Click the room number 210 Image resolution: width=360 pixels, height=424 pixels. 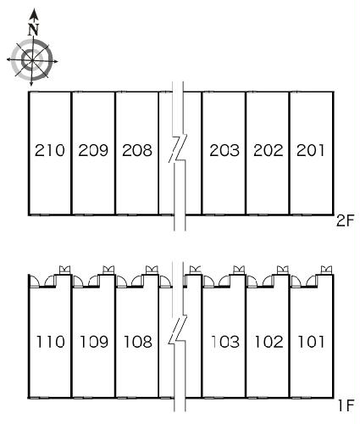[x=50, y=150]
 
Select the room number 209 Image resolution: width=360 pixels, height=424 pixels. [x=93, y=150]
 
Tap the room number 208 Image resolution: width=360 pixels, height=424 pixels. [x=137, y=150]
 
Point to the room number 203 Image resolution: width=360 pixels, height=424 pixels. [x=224, y=150]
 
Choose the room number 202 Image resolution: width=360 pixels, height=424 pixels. [x=269, y=150]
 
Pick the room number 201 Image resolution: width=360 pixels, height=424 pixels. [x=310, y=150]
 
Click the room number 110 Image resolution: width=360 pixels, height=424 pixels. [x=51, y=342]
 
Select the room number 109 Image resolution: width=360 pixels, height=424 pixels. [x=94, y=342]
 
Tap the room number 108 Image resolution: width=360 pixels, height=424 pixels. [x=138, y=342]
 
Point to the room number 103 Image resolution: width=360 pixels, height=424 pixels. [x=225, y=342]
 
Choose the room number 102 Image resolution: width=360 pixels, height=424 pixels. [x=269, y=342]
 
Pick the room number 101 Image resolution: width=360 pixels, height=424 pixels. [x=311, y=342]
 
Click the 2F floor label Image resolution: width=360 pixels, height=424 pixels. [x=345, y=220]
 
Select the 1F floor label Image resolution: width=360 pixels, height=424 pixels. [x=346, y=406]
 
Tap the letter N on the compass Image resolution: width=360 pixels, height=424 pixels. [x=34, y=30]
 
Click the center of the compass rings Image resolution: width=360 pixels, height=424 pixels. [x=32, y=60]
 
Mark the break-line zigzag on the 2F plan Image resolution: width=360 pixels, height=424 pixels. [x=178, y=149]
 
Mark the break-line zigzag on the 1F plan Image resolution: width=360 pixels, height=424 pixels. [x=178, y=330]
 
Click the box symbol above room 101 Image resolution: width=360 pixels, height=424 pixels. [x=326, y=270]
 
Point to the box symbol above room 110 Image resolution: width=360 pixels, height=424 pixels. [x=64, y=270]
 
